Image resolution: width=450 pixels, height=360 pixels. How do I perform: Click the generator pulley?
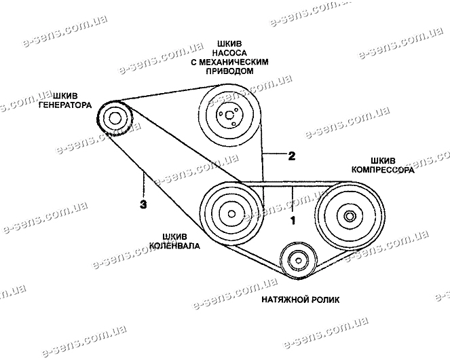(114, 119)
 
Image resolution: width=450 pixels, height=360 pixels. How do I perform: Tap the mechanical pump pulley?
(227, 113)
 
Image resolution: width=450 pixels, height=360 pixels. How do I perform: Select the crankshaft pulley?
(231, 213)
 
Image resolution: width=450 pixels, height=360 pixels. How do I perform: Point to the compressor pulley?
(348, 217)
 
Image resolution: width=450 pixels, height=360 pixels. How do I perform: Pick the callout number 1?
(294, 220)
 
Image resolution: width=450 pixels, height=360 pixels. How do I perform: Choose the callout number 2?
(290, 156)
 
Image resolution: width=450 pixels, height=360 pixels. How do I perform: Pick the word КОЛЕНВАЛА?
(176, 247)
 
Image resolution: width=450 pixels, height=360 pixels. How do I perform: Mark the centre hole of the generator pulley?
(114, 119)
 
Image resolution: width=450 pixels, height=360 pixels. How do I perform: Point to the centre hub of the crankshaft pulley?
(231, 214)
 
